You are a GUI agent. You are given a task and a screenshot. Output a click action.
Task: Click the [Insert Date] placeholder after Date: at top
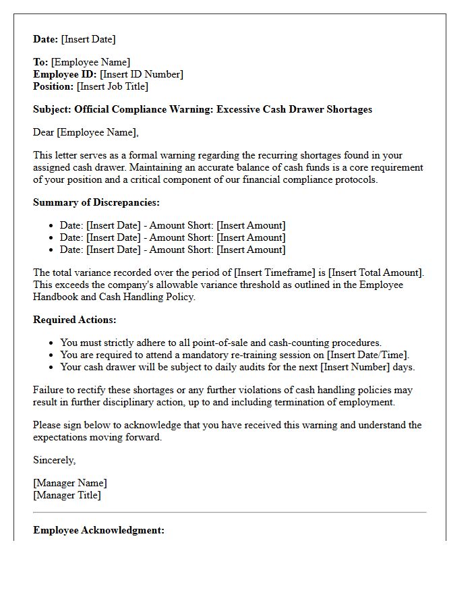[x=88, y=39]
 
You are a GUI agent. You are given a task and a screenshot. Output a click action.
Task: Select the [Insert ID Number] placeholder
[x=142, y=74]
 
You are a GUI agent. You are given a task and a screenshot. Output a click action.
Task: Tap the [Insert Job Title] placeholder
[x=113, y=86]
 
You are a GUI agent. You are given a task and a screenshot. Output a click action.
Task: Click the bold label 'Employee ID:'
[x=65, y=74]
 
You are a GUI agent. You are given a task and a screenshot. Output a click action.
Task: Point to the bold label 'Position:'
[x=53, y=86]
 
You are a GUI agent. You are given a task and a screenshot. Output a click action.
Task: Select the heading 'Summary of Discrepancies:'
[x=96, y=202]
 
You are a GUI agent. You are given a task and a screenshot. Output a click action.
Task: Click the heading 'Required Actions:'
[x=75, y=320]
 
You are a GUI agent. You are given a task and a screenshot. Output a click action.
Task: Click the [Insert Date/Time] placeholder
[x=367, y=355]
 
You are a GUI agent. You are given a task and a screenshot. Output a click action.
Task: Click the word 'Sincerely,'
[x=55, y=460]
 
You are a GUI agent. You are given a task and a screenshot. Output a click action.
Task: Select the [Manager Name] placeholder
[x=70, y=483]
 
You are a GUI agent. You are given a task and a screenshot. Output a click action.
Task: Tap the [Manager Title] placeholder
[x=67, y=495]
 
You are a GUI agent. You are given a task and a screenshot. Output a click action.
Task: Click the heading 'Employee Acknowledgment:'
[x=98, y=530]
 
